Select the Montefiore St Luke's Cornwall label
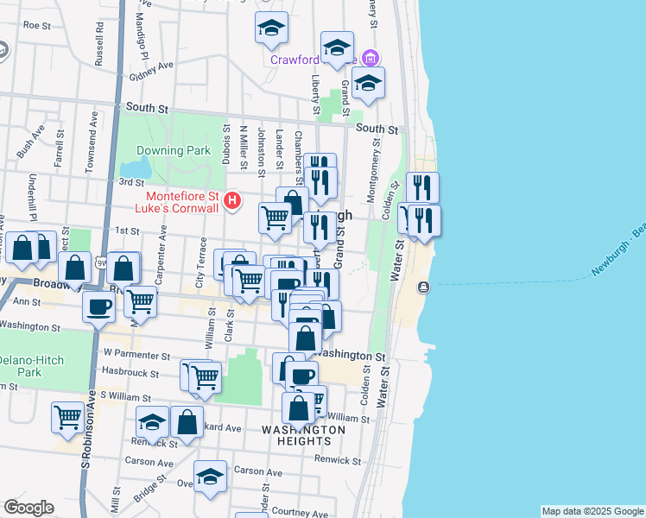coord(180,202)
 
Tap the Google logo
coord(28,508)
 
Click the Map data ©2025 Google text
coord(592,511)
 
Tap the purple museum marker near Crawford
coord(370,59)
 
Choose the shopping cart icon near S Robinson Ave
coord(66,418)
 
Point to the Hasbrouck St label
coord(130,374)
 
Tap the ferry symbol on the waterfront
coord(423,287)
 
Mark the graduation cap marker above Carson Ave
coord(210,476)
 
